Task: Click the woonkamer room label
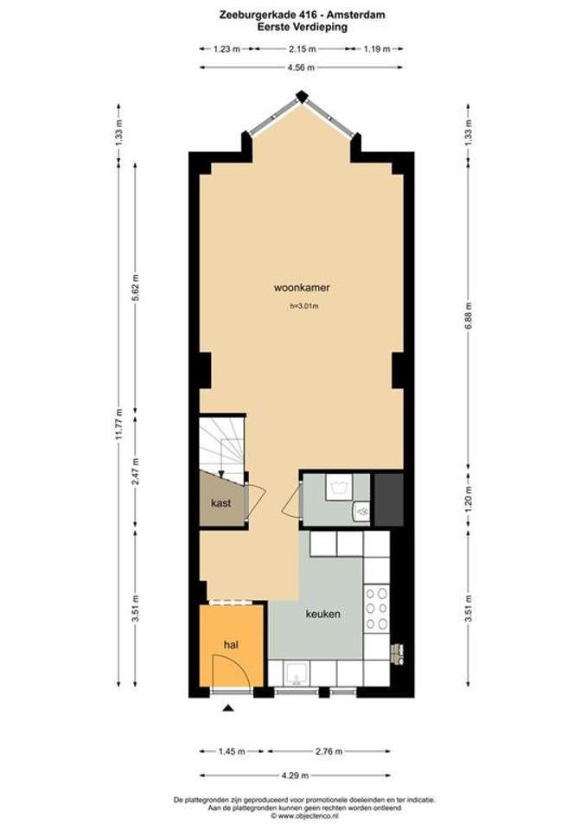pyautogui.click(x=302, y=288)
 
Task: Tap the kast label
pyautogui.click(x=220, y=503)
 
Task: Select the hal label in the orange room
pyautogui.click(x=231, y=645)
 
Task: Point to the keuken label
pyautogui.click(x=322, y=614)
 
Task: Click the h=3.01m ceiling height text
pyautogui.click(x=303, y=306)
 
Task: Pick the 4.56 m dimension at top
pyautogui.click(x=301, y=67)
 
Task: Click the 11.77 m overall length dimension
pyautogui.click(x=119, y=425)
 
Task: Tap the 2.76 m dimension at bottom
pyautogui.click(x=329, y=751)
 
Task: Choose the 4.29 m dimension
pyautogui.click(x=295, y=776)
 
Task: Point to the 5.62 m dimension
pyautogui.click(x=136, y=288)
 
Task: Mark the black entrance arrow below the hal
pyautogui.click(x=228, y=708)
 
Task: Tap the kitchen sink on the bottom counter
pyautogui.click(x=297, y=674)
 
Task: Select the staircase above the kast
pyautogui.click(x=222, y=447)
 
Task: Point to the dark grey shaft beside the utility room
pyautogui.click(x=388, y=499)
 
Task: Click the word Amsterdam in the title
pyautogui.click(x=360, y=16)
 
